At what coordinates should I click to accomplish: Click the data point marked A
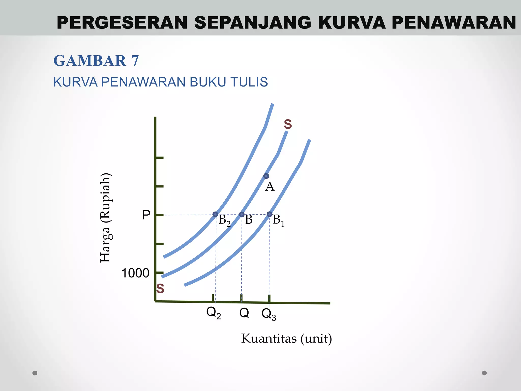coord(266,176)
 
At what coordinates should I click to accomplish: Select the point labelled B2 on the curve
coord(215,214)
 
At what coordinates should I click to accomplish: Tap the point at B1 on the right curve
coord(269,214)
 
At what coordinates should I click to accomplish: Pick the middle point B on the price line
coord(242,214)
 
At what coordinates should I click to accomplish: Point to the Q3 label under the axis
coord(269,314)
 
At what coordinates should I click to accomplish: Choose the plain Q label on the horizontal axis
coord(244,312)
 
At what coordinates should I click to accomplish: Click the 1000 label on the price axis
coord(135,273)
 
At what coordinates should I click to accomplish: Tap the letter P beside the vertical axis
coord(146,215)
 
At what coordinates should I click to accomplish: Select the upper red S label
coord(288,124)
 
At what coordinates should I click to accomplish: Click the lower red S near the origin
coord(160,289)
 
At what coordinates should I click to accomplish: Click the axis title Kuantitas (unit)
coord(286,339)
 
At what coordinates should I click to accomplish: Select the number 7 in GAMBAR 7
coord(135,61)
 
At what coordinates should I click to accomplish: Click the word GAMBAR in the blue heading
coord(90,61)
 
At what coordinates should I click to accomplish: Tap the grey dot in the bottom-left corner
coord(35,373)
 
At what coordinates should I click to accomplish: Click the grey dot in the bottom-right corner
coord(484,373)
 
